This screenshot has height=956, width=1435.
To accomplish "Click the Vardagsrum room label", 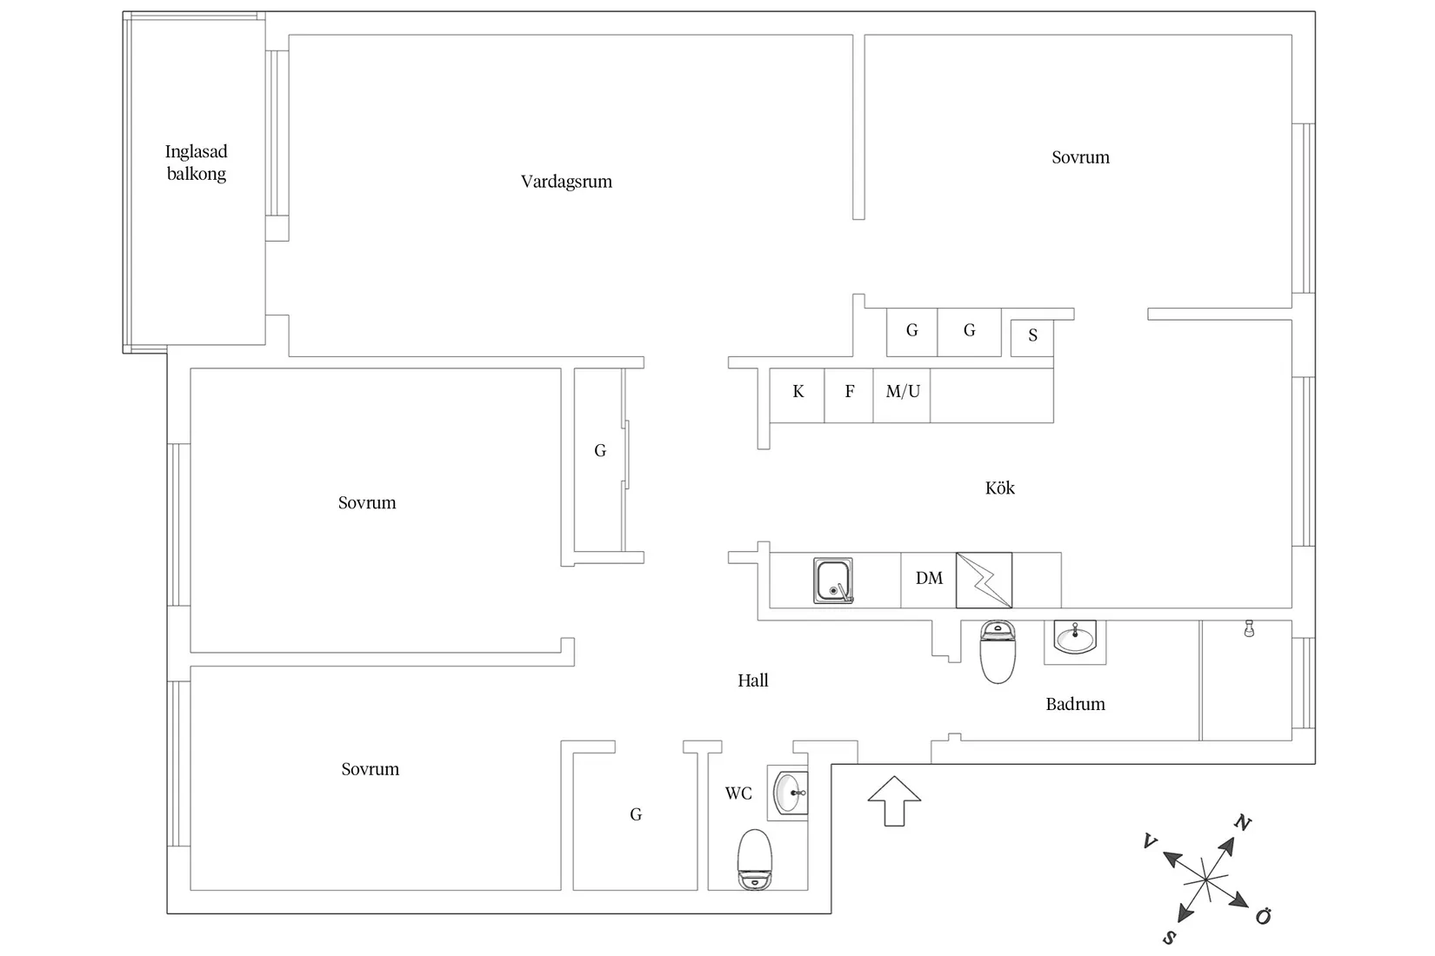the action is (566, 182).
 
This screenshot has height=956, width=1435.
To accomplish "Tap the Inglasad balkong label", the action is (196, 163).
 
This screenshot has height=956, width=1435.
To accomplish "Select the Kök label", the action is (999, 488).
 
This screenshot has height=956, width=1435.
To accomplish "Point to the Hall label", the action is (753, 680).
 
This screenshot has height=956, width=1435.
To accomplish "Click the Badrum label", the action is (1075, 704).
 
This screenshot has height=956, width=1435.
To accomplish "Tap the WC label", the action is (738, 793).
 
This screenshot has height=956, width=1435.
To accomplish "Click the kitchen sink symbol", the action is (833, 581).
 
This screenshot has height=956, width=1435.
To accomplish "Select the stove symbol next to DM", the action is (984, 581).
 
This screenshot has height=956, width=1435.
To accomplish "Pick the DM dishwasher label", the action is (929, 578).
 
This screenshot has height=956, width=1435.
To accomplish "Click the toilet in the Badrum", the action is (998, 651).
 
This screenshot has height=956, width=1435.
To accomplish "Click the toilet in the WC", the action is (755, 860).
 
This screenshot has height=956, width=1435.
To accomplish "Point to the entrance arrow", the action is (894, 801).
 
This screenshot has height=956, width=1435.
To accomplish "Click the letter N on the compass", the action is (1242, 823).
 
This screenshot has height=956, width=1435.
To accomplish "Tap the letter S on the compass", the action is (1169, 939).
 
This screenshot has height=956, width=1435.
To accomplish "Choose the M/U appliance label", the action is (903, 391).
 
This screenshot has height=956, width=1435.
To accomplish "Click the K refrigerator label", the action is (798, 391).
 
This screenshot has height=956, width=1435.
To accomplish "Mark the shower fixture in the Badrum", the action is (1249, 628).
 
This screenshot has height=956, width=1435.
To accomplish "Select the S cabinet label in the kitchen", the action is (1032, 335).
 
